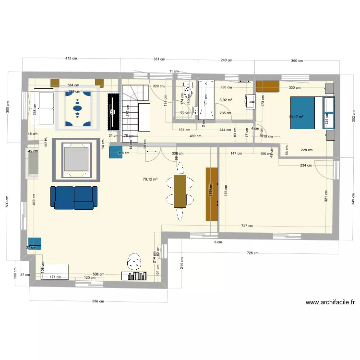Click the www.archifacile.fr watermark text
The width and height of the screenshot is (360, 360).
(330, 303)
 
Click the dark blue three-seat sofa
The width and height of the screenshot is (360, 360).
(73, 198)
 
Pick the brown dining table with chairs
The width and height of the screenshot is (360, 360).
(180, 191)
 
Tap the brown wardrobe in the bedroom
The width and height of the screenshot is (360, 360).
(267, 86)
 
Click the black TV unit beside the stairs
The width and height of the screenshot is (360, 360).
(114, 111)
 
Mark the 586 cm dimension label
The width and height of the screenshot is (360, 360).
(98, 301)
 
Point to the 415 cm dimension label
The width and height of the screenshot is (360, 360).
(71, 59)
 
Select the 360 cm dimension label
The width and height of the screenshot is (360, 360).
(297, 61)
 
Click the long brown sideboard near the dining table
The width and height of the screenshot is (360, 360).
(212, 194)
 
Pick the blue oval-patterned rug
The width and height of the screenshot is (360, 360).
(78, 108)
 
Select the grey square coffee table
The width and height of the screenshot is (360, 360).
(76, 160)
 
